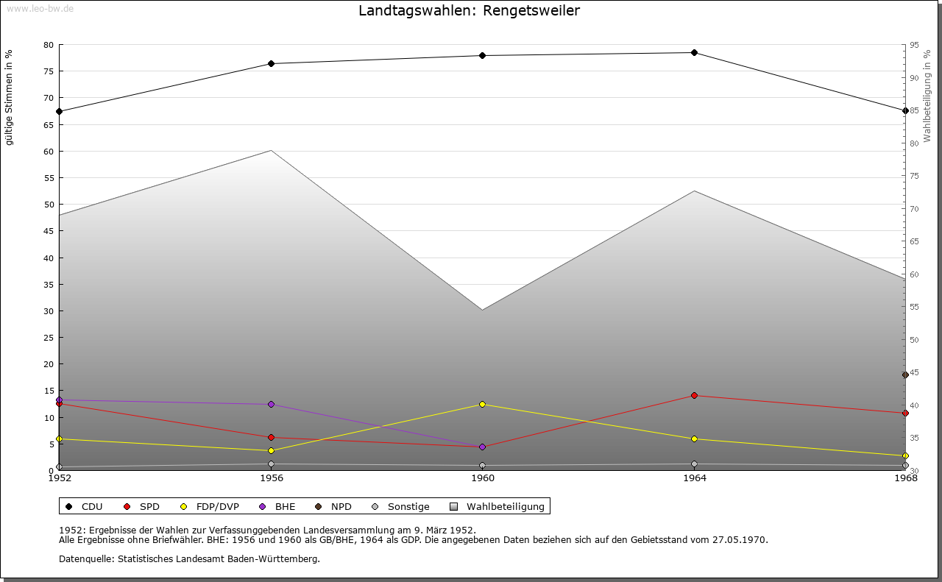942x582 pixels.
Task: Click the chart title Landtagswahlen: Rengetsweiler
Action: pos(469,10)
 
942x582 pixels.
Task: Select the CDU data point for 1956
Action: pos(271,64)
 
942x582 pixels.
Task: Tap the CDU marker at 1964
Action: pos(694,53)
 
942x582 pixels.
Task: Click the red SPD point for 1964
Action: pos(694,396)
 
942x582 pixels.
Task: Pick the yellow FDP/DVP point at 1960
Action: pos(482,405)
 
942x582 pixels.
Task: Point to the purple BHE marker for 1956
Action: pos(271,405)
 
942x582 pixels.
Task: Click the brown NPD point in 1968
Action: pos(905,375)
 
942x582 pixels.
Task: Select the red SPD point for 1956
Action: pos(271,438)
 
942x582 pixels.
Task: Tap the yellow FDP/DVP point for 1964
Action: pos(694,439)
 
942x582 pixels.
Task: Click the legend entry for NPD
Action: pos(341,507)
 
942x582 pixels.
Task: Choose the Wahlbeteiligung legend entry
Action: pos(505,507)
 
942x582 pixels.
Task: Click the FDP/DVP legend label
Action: pos(217,507)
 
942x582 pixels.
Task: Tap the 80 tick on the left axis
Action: pos(49,45)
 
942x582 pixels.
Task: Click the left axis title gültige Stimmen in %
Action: pos(10,98)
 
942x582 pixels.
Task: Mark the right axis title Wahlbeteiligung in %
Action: pos(927,96)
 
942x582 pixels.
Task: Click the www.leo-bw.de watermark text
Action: pos(39,7)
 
